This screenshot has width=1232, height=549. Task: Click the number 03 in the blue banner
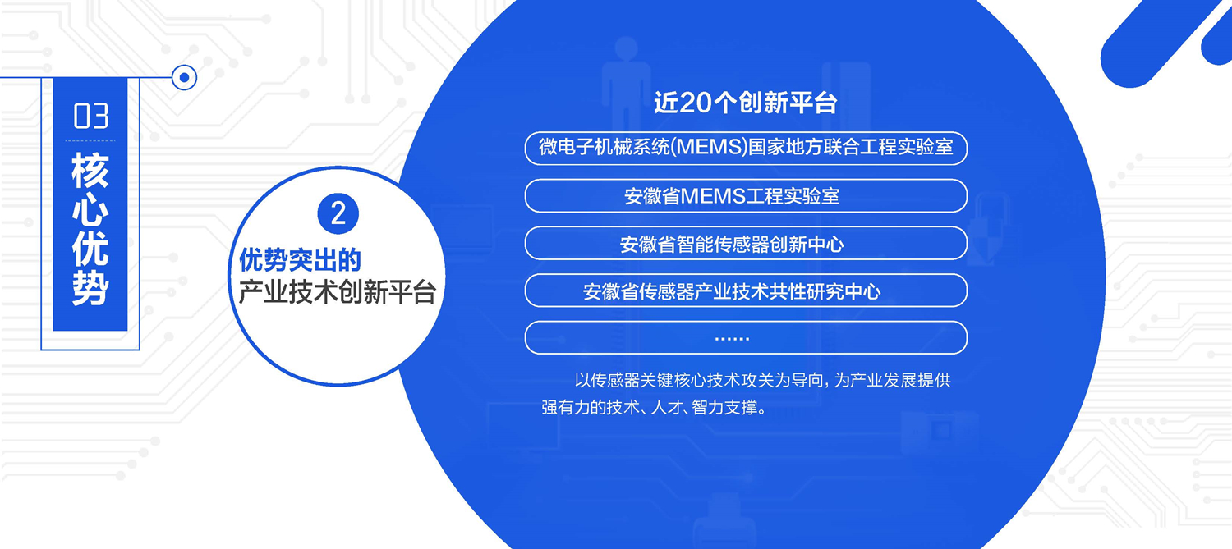click(90, 116)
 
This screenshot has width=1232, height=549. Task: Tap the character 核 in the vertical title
click(90, 171)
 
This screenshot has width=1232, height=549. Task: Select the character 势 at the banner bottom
click(90, 288)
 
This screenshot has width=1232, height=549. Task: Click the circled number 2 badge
click(338, 213)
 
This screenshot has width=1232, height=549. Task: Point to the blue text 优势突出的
click(300, 260)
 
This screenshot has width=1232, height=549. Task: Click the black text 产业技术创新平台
click(337, 292)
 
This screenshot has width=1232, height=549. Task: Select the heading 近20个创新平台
click(745, 103)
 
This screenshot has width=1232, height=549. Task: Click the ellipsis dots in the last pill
click(732, 339)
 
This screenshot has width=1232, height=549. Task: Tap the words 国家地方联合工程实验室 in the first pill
click(851, 147)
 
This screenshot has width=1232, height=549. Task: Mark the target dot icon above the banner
click(184, 77)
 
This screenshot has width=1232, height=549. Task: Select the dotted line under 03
click(90, 141)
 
